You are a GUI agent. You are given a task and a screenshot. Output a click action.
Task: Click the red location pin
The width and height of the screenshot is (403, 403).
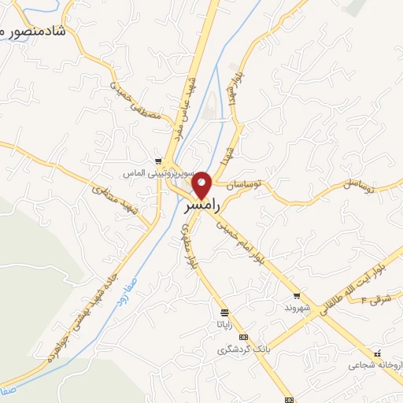(x=202, y=185)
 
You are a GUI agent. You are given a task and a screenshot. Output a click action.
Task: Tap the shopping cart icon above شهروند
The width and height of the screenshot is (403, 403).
(x=297, y=296)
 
